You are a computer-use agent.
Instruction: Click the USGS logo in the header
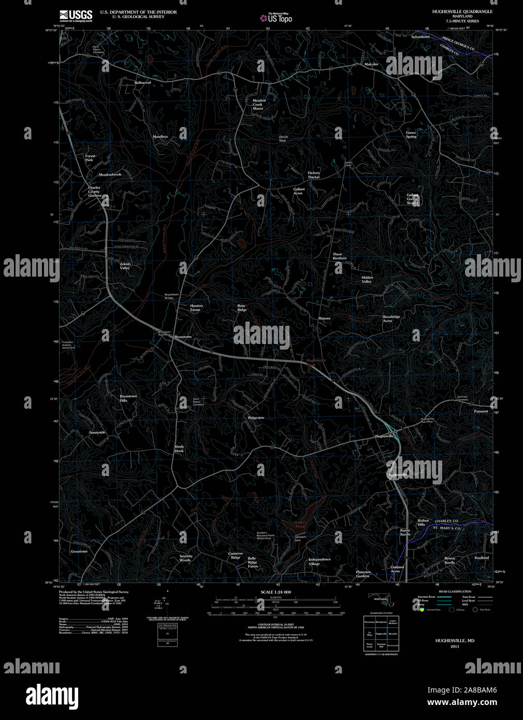point(76,16)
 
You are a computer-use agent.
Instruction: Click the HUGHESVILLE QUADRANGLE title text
point(462,11)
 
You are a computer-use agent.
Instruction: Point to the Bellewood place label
point(142,83)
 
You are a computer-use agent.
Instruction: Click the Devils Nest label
point(283,138)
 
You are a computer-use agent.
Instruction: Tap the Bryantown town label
point(183,337)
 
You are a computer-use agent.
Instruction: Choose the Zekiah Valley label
point(125,266)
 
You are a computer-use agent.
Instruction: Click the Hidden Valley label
point(367,279)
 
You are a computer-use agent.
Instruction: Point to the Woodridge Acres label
point(391,319)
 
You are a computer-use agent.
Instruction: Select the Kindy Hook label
point(179,449)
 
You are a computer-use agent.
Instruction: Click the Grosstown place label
point(79,552)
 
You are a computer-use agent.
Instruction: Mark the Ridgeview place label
point(256,417)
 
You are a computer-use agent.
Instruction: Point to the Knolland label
point(482,558)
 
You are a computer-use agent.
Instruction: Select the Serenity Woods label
point(185,558)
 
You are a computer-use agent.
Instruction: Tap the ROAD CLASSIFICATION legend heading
point(455,592)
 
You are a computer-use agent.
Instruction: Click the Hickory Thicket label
point(314,175)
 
